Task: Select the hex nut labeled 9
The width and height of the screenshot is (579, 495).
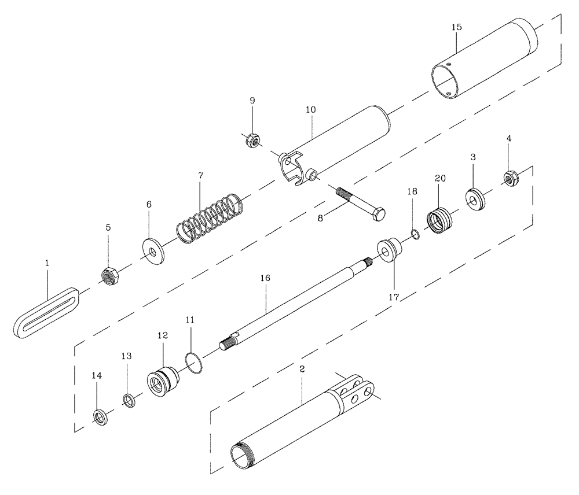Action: pyautogui.click(x=252, y=140)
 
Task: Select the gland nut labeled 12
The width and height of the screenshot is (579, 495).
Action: pyautogui.click(x=160, y=383)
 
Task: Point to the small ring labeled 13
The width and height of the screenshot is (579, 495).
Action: pyautogui.click(x=129, y=399)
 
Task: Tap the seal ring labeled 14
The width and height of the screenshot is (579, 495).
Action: pyautogui.click(x=100, y=415)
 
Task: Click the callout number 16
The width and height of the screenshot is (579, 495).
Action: pyautogui.click(x=265, y=279)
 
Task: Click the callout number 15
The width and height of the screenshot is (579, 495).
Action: pyautogui.click(x=456, y=27)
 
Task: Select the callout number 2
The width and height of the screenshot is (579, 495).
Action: pyautogui.click(x=302, y=368)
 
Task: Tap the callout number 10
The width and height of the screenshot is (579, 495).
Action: pyautogui.click(x=310, y=109)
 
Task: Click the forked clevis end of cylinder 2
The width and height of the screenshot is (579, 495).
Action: pyautogui.click(x=359, y=391)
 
